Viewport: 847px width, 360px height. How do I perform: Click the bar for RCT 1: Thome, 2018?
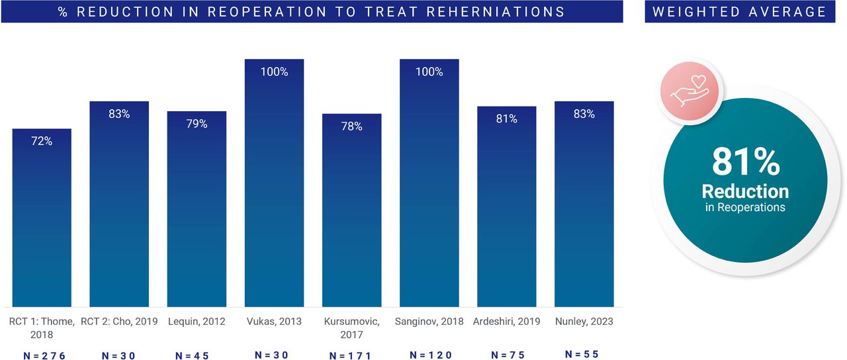click(x=42, y=218)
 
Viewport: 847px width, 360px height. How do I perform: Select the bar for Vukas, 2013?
click(x=274, y=183)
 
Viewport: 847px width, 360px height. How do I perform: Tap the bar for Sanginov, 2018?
click(x=429, y=183)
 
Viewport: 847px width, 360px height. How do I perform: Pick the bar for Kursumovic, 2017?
click(x=351, y=210)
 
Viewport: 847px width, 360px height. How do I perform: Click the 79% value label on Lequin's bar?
click(x=197, y=124)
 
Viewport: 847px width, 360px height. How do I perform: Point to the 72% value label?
click(x=42, y=141)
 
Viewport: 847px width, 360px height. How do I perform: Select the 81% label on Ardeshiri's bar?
click(x=507, y=118)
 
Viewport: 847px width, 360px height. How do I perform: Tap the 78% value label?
click(x=351, y=126)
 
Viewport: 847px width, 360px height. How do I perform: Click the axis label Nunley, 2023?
click(x=584, y=322)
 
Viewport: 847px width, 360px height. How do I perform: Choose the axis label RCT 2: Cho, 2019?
click(x=119, y=322)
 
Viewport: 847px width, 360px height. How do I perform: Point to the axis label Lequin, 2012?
click(x=197, y=322)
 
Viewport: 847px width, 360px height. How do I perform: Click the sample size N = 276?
click(x=44, y=355)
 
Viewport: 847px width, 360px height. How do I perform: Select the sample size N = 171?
click(x=350, y=355)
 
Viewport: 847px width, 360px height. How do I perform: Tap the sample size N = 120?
click(x=431, y=355)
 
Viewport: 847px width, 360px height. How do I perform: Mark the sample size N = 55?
click(x=582, y=354)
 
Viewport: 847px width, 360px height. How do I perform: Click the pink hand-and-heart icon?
click(x=690, y=91)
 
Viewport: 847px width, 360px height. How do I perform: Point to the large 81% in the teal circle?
click(x=746, y=162)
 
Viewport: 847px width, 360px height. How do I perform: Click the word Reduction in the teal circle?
click(x=745, y=191)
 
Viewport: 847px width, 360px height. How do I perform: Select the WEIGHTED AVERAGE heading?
click(x=739, y=12)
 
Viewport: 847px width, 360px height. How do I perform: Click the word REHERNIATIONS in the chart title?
click(x=496, y=12)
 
